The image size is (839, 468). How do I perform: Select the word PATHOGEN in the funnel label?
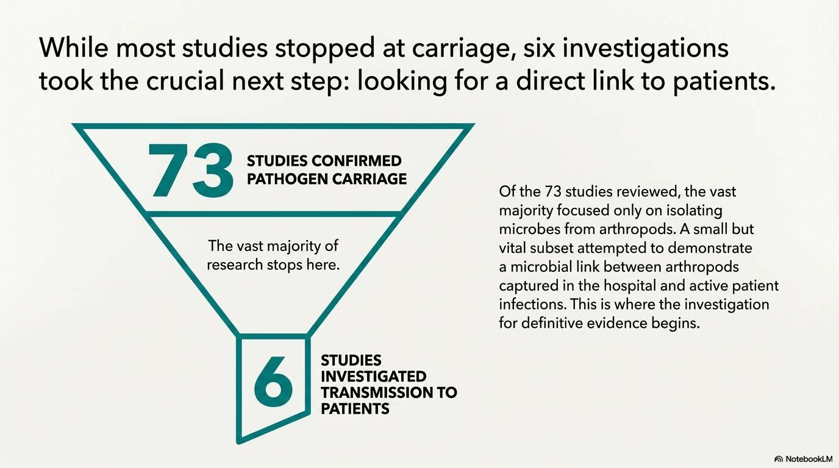pyautogui.click(x=284, y=179)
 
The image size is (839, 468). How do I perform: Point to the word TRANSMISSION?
pyautogui.click(x=373, y=392)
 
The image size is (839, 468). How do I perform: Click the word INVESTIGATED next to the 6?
pyautogui.click(x=373, y=376)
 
